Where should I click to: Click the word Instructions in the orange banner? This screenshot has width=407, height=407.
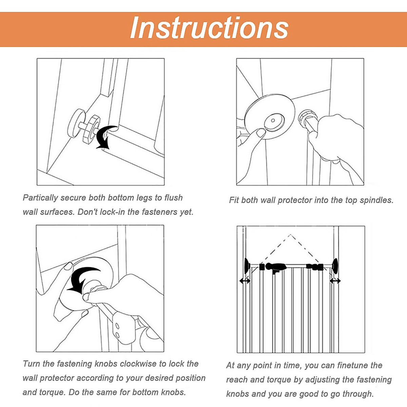(209, 28)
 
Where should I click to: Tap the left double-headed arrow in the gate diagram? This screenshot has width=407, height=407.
(245, 281)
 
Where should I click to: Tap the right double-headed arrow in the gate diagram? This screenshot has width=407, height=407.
(335, 281)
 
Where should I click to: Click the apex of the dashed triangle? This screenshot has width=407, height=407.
(290, 234)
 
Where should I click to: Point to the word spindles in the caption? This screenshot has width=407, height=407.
(376, 200)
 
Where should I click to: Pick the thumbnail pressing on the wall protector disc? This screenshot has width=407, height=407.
(260, 133)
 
